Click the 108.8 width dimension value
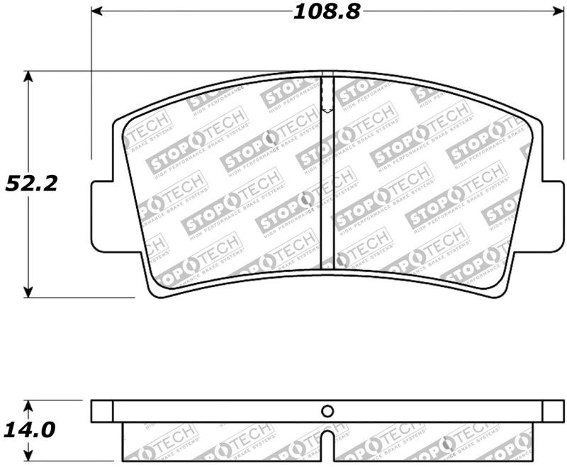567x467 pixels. [x=322, y=11]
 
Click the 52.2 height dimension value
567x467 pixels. [x=30, y=184]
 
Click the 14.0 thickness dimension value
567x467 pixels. [x=30, y=430]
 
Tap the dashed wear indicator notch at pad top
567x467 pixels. [x=327, y=96]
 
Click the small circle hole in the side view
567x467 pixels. [x=327, y=411]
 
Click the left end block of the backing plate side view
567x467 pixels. [x=102, y=411]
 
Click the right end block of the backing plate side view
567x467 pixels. [x=554, y=411]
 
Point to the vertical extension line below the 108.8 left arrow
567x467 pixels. [x=91, y=85]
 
